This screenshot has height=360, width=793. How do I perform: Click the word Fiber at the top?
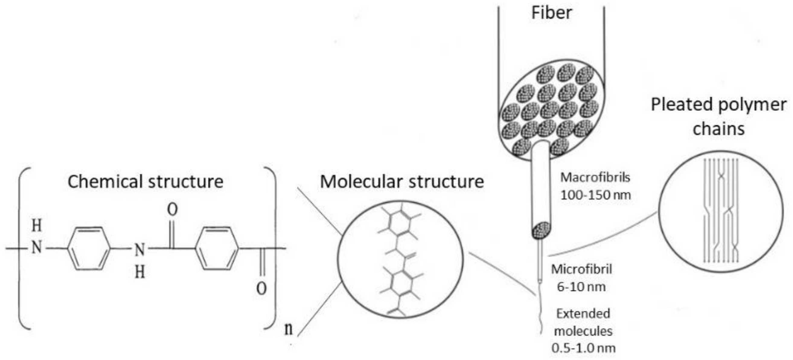coord(552,13)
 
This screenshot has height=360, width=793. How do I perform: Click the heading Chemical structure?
coord(145,182)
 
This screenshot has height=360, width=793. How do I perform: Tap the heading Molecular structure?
coord(402,182)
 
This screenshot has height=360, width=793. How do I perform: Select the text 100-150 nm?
coord(595,195)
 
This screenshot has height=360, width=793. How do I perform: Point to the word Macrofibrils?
coord(595,178)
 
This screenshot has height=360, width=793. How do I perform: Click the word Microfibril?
coord(581,269)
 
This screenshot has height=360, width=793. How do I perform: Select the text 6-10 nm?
coord(581,287)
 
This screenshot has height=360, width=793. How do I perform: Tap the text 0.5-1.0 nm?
coord(584,348)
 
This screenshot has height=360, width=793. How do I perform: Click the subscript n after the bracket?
coord(289,329)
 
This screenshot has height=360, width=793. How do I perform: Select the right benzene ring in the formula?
coord(217,248)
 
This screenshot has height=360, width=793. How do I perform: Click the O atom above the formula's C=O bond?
coord(172,210)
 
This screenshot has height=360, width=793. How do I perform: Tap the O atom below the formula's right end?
coord(261,289)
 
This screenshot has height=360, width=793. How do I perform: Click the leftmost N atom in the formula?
coord(37,248)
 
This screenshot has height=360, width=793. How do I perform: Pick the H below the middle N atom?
coord(140,272)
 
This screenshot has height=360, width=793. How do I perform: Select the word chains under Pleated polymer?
coord(718,128)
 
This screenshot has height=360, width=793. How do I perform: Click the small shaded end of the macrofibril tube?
coord(541,230)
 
